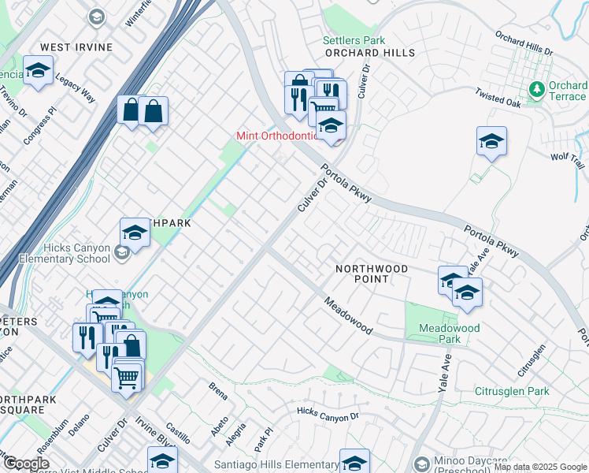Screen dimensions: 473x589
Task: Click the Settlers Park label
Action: click(x=354, y=40)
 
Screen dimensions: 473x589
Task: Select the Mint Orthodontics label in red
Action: click(x=276, y=136)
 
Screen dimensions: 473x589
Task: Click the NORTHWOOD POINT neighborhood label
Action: click(x=372, y=274)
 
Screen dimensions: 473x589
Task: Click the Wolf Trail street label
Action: click(x=568, y=161)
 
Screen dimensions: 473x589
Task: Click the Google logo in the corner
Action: click(x=26, y=464)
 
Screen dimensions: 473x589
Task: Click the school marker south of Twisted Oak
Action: click(x=491, y=141)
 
